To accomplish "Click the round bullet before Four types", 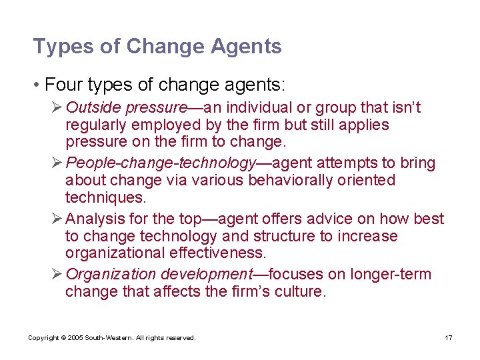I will point(38,86).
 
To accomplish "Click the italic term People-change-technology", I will point(161,163).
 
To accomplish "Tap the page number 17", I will point(449,338).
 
